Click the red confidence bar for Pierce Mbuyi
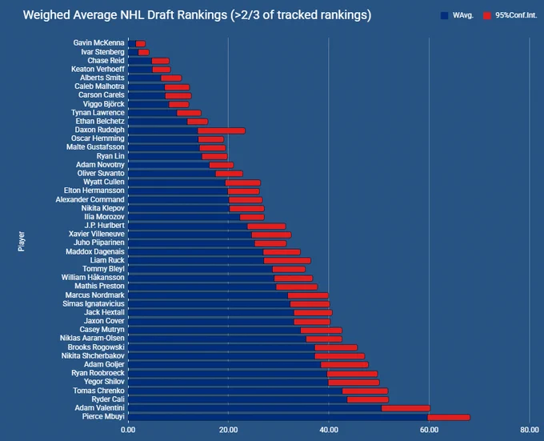point(449,417)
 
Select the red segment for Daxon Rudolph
point(222,130)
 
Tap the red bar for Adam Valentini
point(406,408)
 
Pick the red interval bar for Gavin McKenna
point(141,44)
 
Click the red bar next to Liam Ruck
point(287,261)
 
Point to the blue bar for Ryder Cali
point(238,399)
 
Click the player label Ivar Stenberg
point(102,52)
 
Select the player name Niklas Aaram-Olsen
point(92,338)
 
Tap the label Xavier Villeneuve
point(97,234)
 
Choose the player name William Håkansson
point(93,277)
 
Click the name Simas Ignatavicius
point(94,303)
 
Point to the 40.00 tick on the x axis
point(329,430)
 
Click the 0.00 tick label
point(128,430)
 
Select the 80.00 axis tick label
point(530,430)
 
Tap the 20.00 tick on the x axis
point(228,430)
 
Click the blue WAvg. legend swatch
point(445,16)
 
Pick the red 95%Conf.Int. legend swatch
point(487,16)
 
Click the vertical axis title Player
point(22,241)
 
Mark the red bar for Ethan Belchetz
point(198,122)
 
